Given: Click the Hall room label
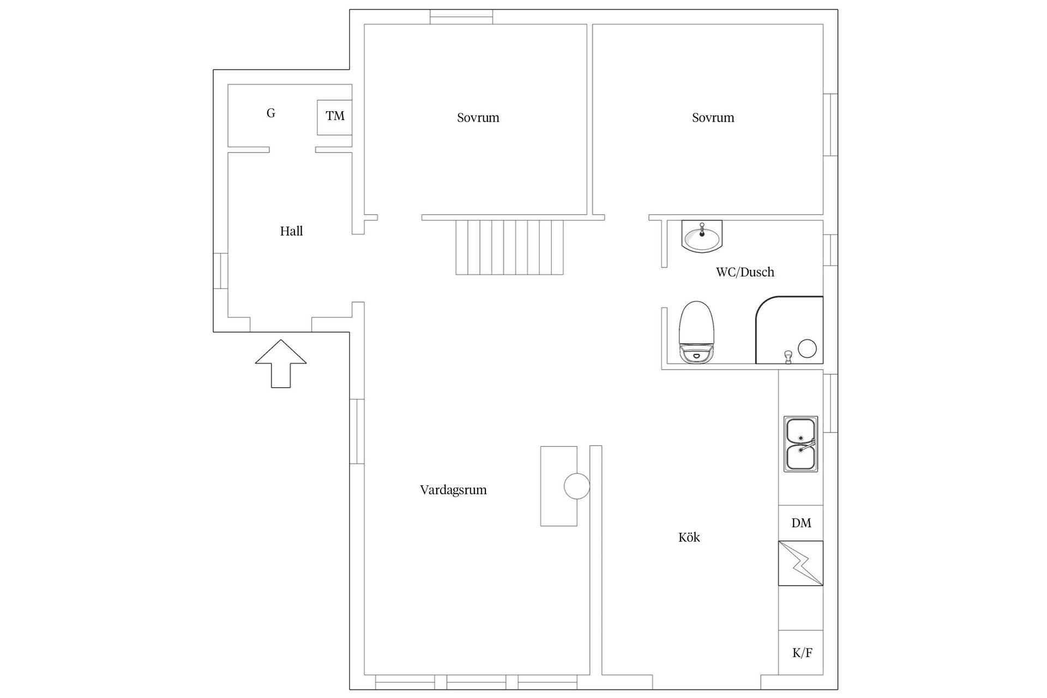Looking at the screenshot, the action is (291, 231).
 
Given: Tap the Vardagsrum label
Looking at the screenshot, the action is (453, 490).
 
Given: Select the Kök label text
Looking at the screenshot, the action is (689, 537).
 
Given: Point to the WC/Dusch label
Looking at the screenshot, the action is (745, 272).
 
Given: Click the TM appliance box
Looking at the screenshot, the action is (334, 117).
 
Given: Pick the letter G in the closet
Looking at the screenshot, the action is (270, 113).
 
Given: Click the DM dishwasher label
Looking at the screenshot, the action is (801, 523).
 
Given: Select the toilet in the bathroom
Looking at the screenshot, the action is (696, 332).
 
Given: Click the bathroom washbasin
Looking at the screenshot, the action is (702, 237).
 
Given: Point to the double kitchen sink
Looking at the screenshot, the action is (801, 444).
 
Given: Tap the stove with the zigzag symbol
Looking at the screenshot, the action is (801, 563).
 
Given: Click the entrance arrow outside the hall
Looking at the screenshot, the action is (281, 364).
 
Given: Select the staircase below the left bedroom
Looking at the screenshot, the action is (510, 247).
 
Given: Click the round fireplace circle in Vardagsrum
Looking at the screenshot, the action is (576, 486).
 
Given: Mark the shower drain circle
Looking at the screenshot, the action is (807, 348).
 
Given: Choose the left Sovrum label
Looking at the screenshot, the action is (478, 118).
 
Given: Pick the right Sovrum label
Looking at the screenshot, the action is (713, 118).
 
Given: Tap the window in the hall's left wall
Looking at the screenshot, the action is (220, 270).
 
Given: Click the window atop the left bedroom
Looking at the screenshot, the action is (461, 17).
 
